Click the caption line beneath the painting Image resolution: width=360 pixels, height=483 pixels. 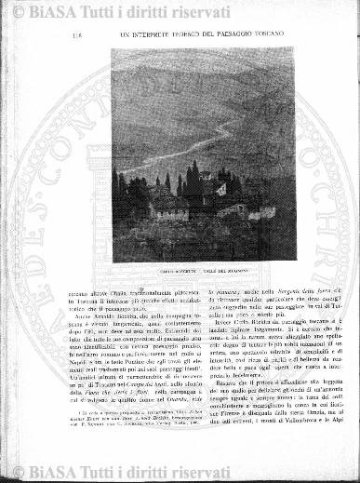(x=194, y=271)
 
